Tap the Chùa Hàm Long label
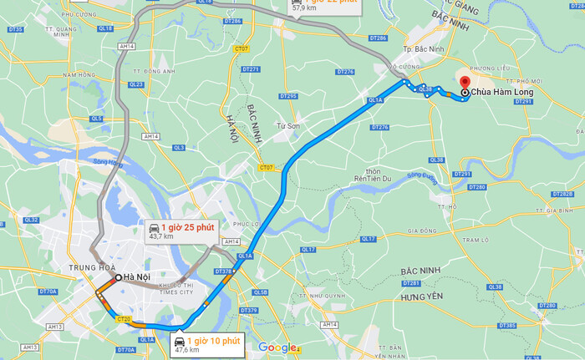coord(498,92)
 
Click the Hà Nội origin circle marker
coord(117,277)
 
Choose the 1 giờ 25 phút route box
coord(177,231)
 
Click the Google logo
coord(277,347)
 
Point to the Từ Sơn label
coord(288,126)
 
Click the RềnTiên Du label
coord(373,179)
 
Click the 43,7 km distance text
coord(160,237)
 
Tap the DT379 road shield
coord(249,311)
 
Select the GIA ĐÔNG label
coord(422,231)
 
